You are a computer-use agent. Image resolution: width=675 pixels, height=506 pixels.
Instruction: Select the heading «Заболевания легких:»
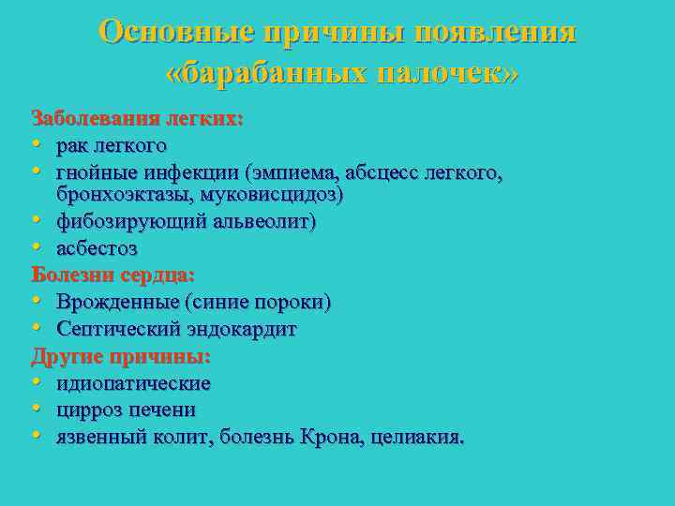(138, 119)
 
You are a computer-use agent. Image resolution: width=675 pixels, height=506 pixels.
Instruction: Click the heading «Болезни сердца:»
(113, 276)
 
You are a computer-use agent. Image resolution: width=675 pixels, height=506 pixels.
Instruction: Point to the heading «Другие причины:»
(121, 357)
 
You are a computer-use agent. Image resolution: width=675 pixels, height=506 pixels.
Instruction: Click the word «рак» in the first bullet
(73, 146)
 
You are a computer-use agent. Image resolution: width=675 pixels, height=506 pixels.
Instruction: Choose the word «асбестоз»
(97, 249)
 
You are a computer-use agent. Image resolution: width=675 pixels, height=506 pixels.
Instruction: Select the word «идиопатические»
(133, 383)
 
